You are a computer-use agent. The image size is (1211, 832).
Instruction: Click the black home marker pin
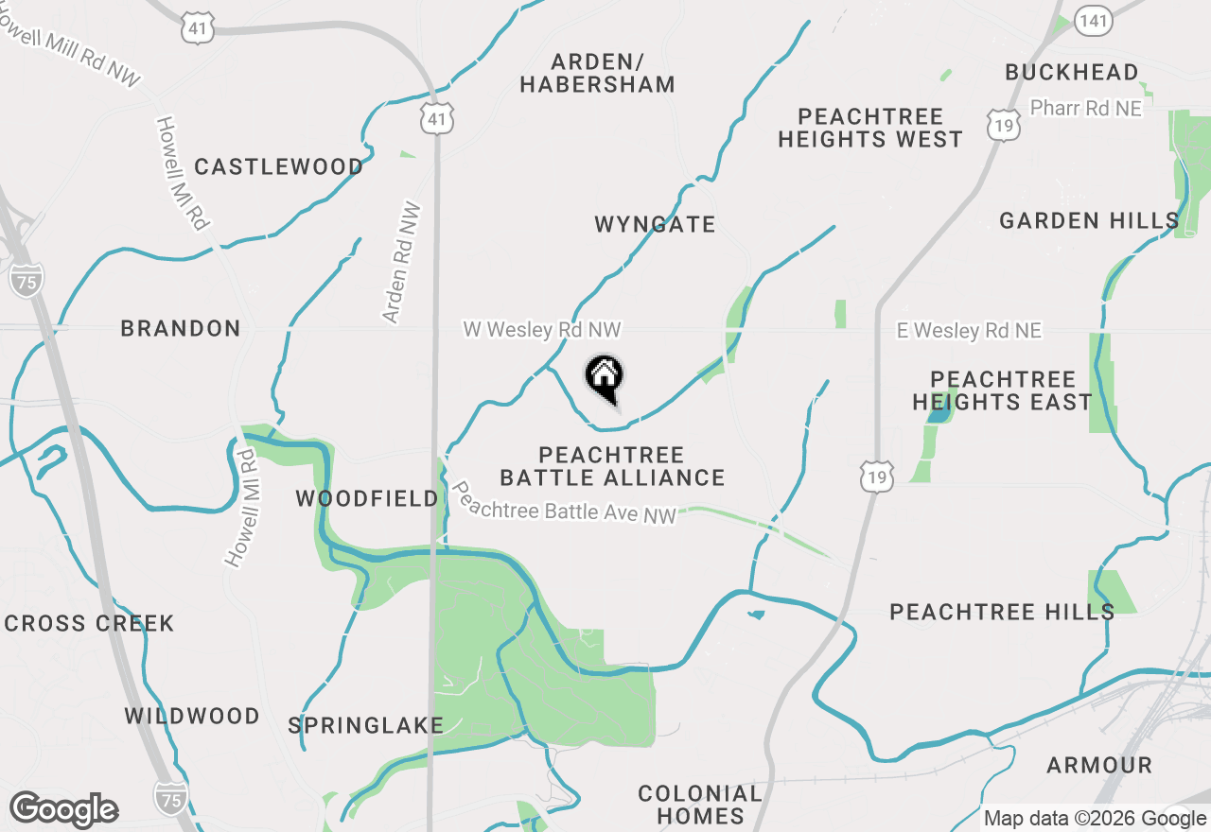tap(604, 377)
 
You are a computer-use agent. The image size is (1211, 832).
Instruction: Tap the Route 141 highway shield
tap(1093, 22)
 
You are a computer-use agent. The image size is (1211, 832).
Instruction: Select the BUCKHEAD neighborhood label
tap(1071, 72)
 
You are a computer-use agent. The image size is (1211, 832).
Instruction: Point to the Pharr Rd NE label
tap(1085, 109)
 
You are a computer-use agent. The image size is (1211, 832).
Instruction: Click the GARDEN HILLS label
tap(1088, 221)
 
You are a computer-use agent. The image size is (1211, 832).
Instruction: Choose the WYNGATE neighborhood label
tap(655, 225)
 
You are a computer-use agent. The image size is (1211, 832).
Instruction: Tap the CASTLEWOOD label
tap(278, 167)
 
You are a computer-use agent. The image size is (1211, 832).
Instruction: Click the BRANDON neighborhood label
tap(180, 329)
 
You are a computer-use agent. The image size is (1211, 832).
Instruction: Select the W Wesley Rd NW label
tap(541, 330)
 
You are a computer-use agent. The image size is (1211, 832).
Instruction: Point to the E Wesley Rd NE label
tap(969, 331)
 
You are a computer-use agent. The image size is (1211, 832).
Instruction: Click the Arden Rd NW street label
tap(402, 262)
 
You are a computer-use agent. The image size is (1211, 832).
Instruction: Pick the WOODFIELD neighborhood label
tap(367, 498)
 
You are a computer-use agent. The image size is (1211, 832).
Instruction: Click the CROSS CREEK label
tap(89, 624)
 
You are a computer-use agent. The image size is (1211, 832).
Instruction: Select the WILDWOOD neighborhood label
tap(192, 716)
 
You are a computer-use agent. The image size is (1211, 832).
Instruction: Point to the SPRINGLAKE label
tap(365, 725)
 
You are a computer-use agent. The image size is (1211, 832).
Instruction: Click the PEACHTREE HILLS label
tap(1002, 612)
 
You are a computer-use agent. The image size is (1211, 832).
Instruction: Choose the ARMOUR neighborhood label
tap(1098, 765)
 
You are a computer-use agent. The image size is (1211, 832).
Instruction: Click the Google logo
tap(63, 810)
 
